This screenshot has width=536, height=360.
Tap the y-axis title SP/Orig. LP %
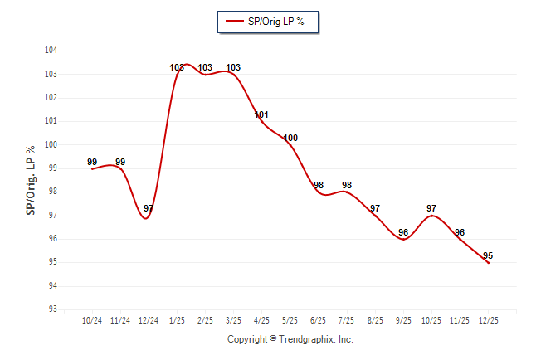pos(31,180)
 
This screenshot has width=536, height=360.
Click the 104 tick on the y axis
pos(51,51)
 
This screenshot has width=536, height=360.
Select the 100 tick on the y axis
pos(51,144)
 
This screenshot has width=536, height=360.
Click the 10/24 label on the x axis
pos(92,320)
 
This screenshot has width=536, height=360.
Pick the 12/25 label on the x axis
pos(488,320)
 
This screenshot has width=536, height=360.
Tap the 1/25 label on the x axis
pos(177,320)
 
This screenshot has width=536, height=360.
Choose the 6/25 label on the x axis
pos(318,320)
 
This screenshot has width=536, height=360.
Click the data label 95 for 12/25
pos(488,255)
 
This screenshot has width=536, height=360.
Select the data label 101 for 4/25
pos(261,114)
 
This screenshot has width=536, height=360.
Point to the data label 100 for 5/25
pos(290,138)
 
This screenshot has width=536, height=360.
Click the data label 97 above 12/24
pos(149,208)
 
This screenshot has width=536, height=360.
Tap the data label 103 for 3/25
pos(233,67)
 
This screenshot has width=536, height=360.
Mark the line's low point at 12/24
pos(146,218)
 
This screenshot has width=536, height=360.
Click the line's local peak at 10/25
pos(431,216)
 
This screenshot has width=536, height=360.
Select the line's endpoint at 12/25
pos(488,263)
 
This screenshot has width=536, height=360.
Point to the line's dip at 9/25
pos(403,239)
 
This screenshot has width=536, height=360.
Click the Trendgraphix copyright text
pos(290,339)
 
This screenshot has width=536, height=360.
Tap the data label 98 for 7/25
pos(346,185)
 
